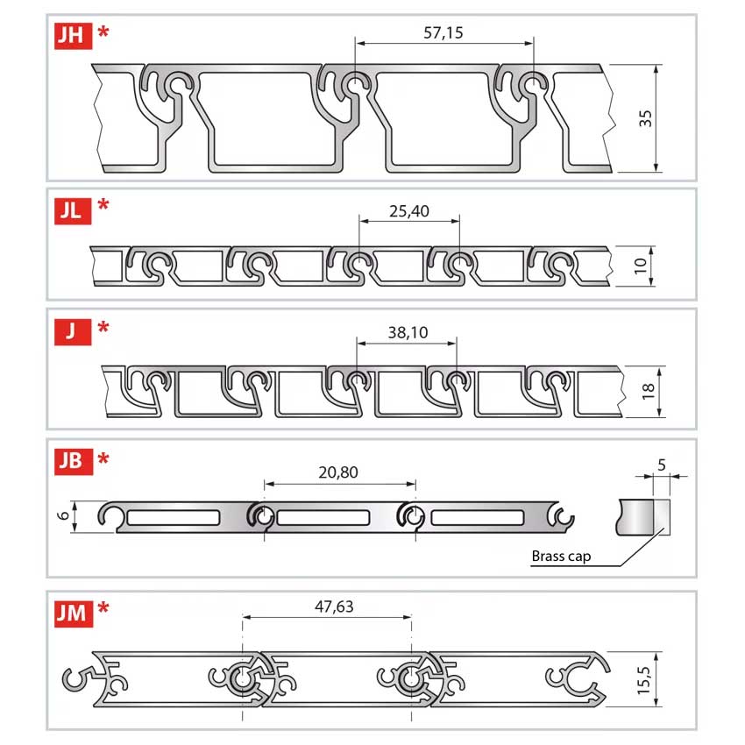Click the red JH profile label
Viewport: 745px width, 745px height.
(x=73, y=36)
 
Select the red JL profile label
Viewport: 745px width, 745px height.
(x=73, y=210)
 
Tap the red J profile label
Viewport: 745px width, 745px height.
(x=73, y=331)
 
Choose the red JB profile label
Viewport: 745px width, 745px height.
(x=74, y=461)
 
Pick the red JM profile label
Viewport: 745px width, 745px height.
(x=74, y=614)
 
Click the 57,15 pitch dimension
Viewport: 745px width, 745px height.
(x=443, y=32)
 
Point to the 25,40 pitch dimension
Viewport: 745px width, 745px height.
(x=409, y=211)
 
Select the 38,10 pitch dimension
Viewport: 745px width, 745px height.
(x=408, y=332)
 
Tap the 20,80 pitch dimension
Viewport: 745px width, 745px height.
(x=338, y=472)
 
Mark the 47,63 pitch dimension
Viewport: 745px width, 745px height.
(x=334, y=607)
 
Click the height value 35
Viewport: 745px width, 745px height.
(x=645, y=118)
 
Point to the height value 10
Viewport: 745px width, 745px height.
(x=641, y=266)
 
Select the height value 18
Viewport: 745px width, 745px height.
(x=648, y=392)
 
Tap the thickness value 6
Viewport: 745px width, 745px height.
(x=63, y=515)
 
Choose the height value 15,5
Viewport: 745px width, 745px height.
(x=643, y=680)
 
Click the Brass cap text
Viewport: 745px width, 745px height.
(x=561, y=556)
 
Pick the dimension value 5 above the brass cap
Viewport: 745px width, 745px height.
(x=662, y=465)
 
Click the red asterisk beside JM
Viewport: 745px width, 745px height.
(x=103, y=607)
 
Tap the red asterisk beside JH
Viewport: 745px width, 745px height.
(x=103, y=32)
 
